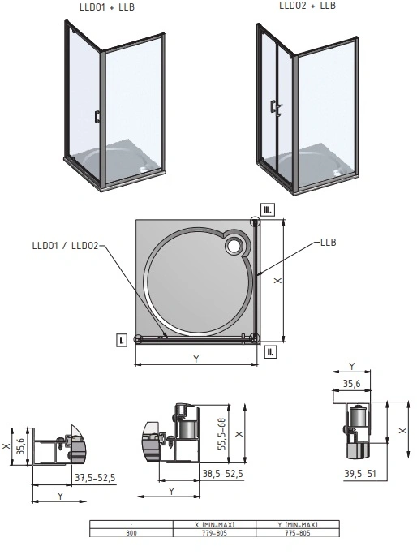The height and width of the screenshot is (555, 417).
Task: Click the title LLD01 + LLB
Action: (x=107, y=7)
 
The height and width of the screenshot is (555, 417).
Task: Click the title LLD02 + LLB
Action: (x=307, y=6)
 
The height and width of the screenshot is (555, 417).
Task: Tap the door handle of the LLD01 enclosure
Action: (x=97, y=117)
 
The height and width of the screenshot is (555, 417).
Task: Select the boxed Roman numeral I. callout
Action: (x=122, y=341)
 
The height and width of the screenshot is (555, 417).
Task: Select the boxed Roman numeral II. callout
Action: (x=270, y=352)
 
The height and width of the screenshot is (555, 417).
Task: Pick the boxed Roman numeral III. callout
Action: (x=268, y=209)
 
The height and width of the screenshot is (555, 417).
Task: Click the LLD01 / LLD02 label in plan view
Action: (x=65, y=245)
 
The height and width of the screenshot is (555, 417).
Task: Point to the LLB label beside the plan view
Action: (x=328, y=243)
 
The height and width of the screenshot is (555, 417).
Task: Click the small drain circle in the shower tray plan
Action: (x=234, y=245)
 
